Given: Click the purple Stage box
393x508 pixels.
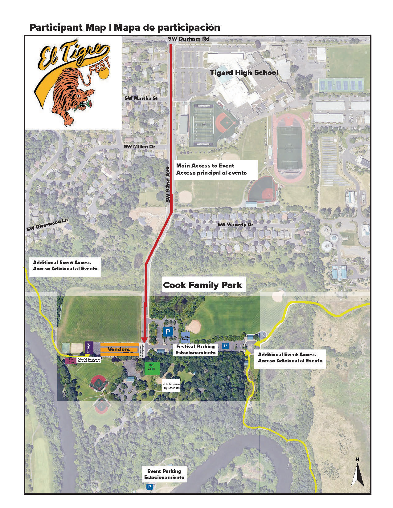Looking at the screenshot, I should coord(89,348).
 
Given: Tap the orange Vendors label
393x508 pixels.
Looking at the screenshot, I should coord(119,349).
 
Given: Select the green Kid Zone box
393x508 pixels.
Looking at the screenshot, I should coord(152,368).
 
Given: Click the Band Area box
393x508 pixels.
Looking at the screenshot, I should coord(71,361).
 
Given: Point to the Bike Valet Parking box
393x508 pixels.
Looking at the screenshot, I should coord(185,336).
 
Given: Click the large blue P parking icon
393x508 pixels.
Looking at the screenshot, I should coord(168,332).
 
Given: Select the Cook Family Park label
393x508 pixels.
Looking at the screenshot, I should coord(202,285).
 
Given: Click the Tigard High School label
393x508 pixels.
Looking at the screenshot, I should coord(244,73).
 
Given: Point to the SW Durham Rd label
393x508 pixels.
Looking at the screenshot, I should coord(188,39).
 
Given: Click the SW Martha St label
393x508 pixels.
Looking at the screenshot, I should coord(141,98).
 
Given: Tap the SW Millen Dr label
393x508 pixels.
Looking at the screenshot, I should coord(139,147).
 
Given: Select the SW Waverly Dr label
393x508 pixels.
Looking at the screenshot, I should coord(235,224).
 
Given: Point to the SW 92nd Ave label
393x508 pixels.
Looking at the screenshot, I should coord(168,184).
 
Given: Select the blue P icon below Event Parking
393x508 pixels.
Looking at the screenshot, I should coord(150,487).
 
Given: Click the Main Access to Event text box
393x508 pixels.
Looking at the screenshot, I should coord(216,169).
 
